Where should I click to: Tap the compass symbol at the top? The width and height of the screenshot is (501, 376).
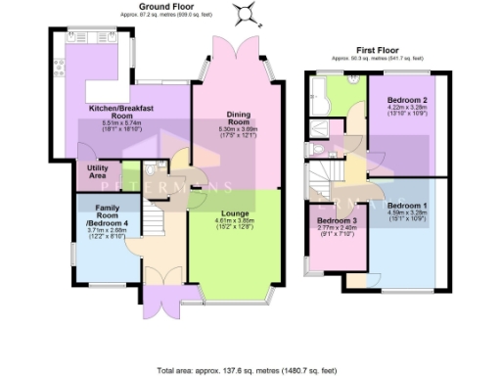[245, 13]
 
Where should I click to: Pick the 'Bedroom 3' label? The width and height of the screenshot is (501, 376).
[336, 221]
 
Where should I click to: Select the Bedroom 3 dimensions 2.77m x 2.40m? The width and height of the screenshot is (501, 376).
[336, 230]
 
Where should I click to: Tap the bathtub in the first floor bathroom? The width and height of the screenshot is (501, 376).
[319, 90]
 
